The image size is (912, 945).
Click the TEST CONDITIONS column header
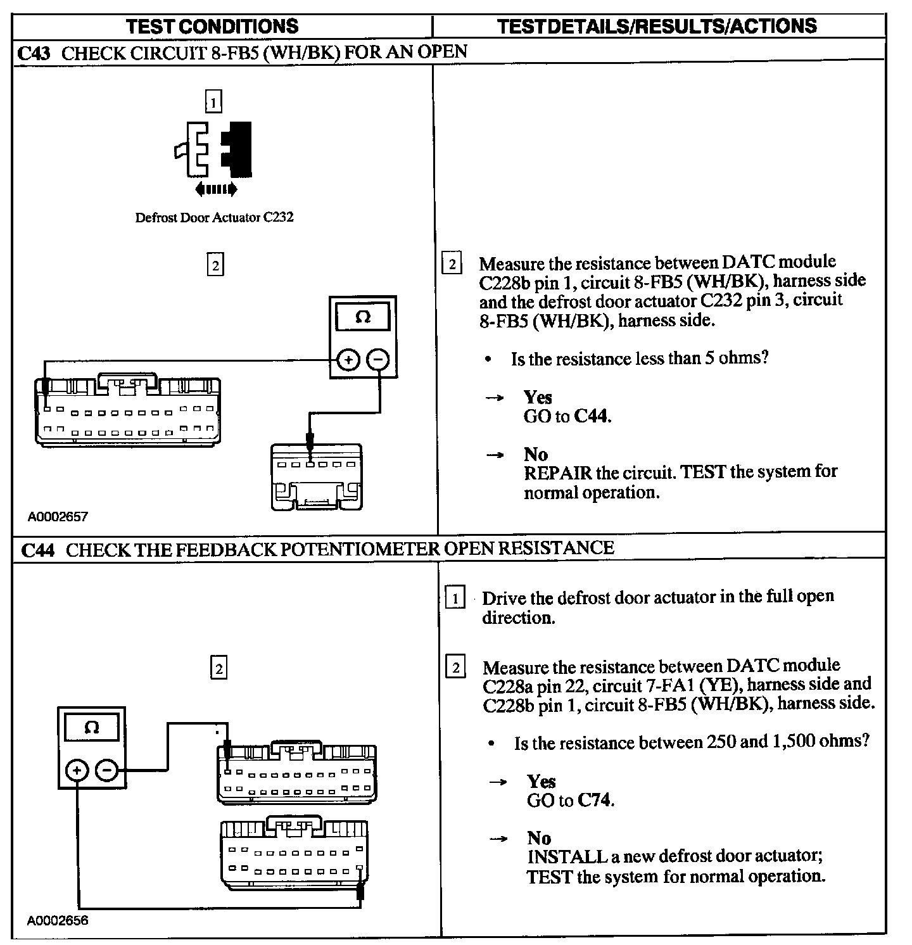[x=212, y=26]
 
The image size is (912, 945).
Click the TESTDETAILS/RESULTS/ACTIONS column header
[x=657, y=26]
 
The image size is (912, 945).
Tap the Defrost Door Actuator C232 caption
[x=214, y=218]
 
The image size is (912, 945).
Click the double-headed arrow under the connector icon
[x=216, y=188]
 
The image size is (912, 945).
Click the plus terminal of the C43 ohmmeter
[x=348, y=360]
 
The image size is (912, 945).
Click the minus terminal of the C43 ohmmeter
[x=378, y=360]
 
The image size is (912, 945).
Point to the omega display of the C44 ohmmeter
[x=91, y=728]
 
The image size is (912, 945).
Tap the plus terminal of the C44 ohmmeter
[x=77, y=770]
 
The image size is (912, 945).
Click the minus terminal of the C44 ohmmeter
[x=107, y=770]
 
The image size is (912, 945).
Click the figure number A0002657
[x=58, y=516]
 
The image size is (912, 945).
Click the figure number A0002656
[x=58, y=920]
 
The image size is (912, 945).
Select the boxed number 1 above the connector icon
[x=214, y=101]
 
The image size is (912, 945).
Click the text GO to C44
[x=567, y=416]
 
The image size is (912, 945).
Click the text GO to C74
[x=571, y=801]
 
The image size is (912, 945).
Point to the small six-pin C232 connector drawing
[x=317, y=476]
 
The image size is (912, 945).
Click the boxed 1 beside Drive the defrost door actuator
[x=455, y=598]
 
